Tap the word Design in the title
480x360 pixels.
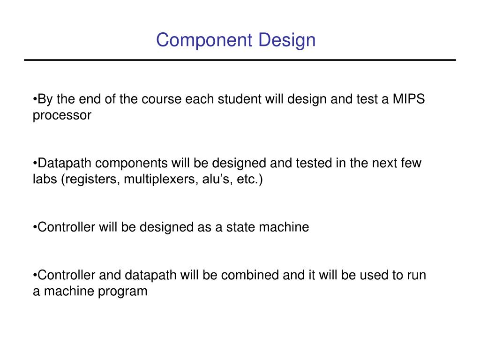287,40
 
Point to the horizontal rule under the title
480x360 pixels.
240,60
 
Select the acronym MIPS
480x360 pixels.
409,99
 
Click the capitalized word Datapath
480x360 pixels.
66,163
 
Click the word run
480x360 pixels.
416,275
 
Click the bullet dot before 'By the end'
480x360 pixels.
35,100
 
